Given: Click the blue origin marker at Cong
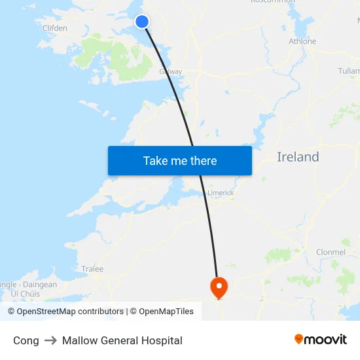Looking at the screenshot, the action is pos(142,22).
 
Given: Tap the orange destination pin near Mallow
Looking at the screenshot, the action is pos(218,286).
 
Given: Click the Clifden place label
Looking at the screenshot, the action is pos(55,28).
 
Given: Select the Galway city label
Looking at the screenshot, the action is pos(171,72).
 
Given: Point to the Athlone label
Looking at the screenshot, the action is pos(302,41).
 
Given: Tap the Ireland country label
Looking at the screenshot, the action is pos(298,157).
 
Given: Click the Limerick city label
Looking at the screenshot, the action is pos(221,193).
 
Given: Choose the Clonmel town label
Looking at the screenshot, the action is pos(331,252).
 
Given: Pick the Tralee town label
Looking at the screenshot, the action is pos(92,269).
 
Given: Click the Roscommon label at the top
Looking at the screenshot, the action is pos(273,2).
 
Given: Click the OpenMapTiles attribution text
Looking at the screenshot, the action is pos(166,312).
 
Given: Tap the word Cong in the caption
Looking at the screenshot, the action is pos(26,340).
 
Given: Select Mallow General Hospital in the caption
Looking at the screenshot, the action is pos(122,340).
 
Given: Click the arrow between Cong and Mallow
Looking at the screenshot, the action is pos(50,340).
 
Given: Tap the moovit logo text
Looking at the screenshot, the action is pos(325,340).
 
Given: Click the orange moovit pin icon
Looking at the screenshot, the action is pos(299,339).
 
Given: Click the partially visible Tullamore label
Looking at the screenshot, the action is pos(349,71).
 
